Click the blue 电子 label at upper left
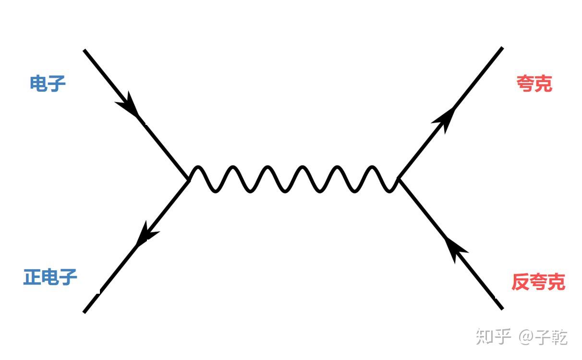pyautogui.click(x=48, y=84)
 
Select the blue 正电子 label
pyautogui.click(x=50, y=277)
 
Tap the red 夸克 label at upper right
pyautogui.click(x=534, y=84)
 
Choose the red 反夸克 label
pyautogui.click(x=538, y=282)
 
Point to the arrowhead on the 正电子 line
pyautogui.click(x=145, y=234)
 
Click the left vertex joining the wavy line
pyautogui.click(x=189, y=179)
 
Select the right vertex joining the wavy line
pyautogui.click(x=398, y=179)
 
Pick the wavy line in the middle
pyautogui.click(x=293, y=180)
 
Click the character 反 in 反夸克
pyautogui.click(x=521, y=282)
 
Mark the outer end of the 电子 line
pyautogui.click(x=85, y=50)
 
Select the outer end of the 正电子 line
pyautogui.click(x=85, y=312)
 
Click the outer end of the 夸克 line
pyautogui.click(x=501, y=48)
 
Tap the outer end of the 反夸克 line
pyautogui.click(x=502, y=308)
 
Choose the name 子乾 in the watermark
pyautogui.click(x=552, y=337)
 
